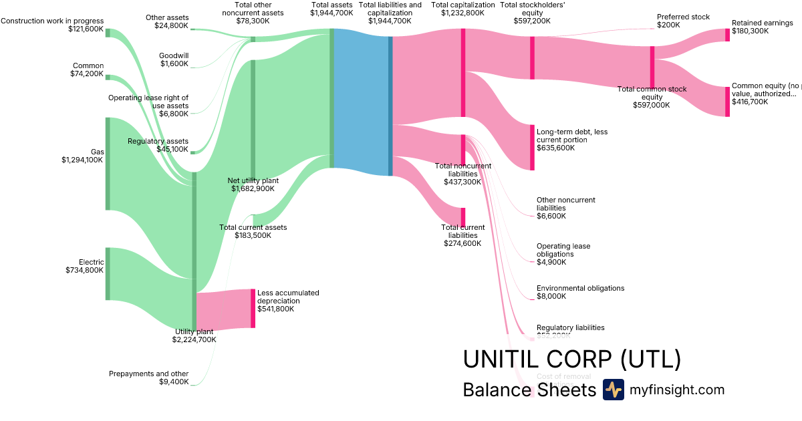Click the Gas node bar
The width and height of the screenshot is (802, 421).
[108, 164]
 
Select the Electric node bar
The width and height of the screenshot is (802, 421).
[108, 273]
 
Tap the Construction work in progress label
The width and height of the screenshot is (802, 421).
[52, 21]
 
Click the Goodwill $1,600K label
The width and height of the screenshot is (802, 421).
[174, 59]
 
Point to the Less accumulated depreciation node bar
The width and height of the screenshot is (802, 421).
[253, 308]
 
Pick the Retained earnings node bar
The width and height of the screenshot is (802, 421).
[728, 35]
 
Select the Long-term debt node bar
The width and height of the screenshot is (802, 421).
[532, 147]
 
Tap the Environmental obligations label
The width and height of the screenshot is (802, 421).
[580, 288]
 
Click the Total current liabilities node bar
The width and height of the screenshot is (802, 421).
[462, 217]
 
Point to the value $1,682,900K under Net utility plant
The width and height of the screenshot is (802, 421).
[253, 189]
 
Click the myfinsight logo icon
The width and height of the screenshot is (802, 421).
[613, 390]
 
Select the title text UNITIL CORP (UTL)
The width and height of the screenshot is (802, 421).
[572, 360]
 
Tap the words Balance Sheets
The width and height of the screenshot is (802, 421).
[529, 390]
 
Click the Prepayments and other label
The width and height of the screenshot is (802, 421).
[148, 374]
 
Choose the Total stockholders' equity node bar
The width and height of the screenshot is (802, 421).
[532, 57]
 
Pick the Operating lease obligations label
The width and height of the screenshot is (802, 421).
[563, 250]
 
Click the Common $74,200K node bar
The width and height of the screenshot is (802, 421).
[108, 77]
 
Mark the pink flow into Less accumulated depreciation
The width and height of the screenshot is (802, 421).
[224, 310]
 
